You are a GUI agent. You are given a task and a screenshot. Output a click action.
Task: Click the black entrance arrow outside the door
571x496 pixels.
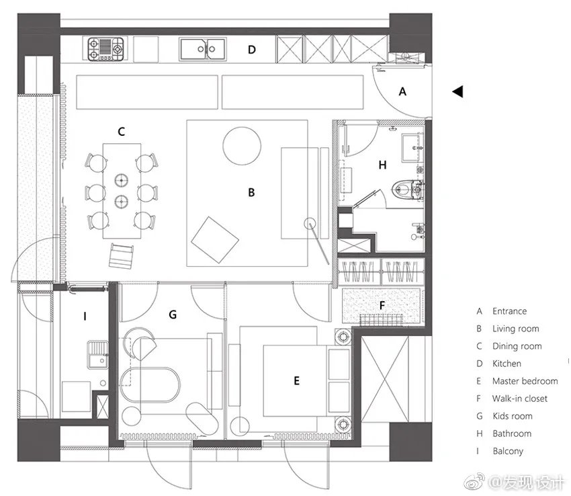tap(457, 91)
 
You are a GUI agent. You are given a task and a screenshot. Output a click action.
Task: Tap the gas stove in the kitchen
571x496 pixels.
tap(105, 48)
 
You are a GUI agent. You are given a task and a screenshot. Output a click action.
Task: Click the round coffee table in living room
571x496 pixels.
tap(241, 145)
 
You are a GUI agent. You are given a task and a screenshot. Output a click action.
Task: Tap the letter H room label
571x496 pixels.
tap(382, 165)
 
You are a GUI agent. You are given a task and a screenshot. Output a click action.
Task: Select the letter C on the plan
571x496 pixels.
tap(122, 132)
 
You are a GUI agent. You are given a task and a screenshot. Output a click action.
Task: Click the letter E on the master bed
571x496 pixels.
tap(296, 380)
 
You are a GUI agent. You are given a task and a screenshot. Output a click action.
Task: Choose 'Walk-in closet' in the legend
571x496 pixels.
tap(519, 399)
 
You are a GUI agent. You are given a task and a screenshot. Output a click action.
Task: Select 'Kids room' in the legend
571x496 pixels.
tap(512, 416)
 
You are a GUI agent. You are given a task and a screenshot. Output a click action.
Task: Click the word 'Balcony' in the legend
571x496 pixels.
tap(507, 451)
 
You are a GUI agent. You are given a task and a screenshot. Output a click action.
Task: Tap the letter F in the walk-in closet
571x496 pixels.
tap(382, 305)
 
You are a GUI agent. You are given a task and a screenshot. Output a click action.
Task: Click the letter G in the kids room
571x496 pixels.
tap(173, 314)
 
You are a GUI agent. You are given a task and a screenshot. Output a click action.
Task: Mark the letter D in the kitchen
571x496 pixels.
tap(252, 49)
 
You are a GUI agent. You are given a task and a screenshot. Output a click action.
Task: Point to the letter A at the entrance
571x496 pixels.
tap(402, 92)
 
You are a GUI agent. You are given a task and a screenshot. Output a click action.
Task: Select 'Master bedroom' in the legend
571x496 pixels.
tap(525, 381)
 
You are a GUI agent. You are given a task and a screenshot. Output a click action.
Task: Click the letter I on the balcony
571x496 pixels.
tap(85, 315)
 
